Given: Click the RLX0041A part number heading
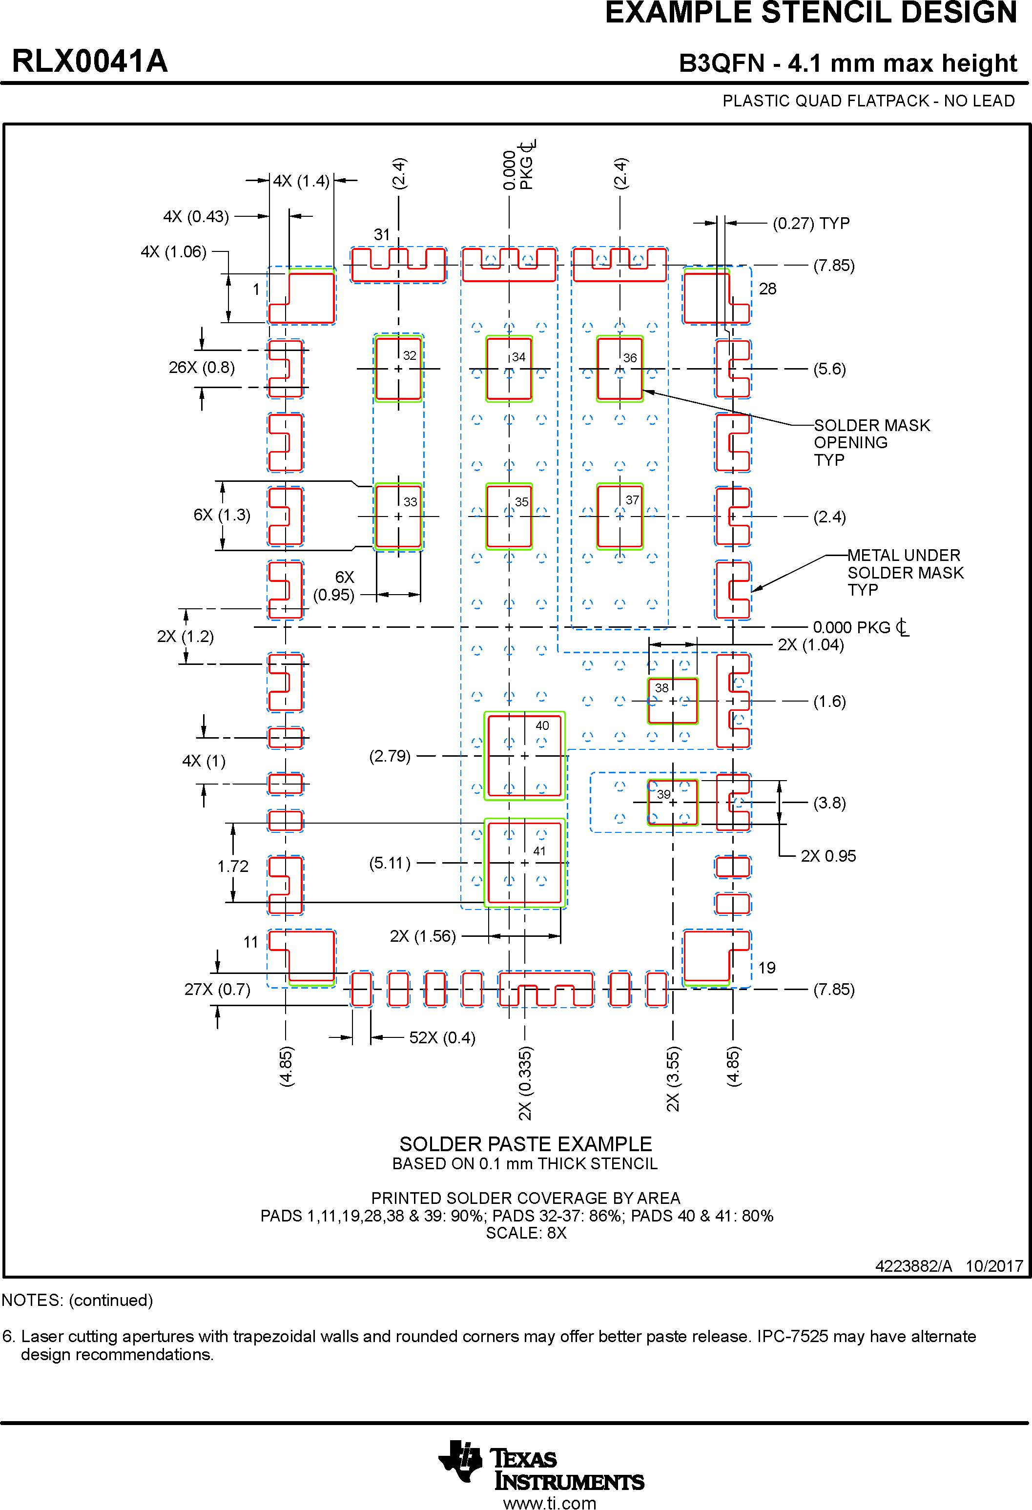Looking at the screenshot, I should tap(90, 62).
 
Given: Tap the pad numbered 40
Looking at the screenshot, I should tap(524, 756).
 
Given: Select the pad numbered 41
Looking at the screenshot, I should tap(524, 863).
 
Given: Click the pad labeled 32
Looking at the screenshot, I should tap(398, 369).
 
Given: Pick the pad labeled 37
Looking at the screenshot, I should tap(620, 516).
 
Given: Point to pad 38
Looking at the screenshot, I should tap(673, 701).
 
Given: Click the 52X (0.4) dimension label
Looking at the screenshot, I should tap(442, 1037).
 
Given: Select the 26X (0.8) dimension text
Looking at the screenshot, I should tap(202, 368).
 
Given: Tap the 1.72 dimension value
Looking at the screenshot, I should tap(233, 866).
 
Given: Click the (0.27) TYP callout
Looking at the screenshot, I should tap(811, 224).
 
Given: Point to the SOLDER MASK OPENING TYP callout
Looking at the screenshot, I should tap(871, 442).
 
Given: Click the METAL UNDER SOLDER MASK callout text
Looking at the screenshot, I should tap(905, 573).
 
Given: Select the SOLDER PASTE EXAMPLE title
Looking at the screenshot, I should tap(525, 1143).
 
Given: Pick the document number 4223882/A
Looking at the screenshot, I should tap(913, 1266).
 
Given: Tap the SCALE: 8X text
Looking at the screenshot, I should tap(526, 1233).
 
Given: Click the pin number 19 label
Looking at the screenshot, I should tap(767, 968).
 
